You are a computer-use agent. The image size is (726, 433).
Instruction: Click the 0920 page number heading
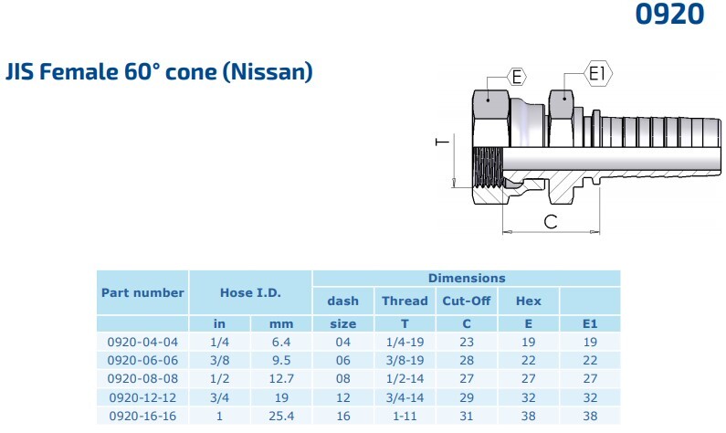pos(669,14)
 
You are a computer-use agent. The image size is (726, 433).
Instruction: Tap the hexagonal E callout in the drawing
pos(517,77)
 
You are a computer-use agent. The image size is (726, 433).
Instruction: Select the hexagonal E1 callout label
pos(598,73)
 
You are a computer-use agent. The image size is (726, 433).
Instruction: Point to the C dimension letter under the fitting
pos(551,221)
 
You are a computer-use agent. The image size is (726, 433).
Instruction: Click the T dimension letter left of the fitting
pos(443,142)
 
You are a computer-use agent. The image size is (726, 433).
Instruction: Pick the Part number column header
pos(142,292)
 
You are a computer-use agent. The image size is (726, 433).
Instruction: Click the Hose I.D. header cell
pos(250,292)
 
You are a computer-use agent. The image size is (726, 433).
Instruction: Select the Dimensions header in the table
pos(467,278)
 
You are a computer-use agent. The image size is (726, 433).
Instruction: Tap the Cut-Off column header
pos(467,301)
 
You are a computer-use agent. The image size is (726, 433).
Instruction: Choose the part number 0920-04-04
pos(142,343)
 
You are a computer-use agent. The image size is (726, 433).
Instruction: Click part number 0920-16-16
pos(142,416)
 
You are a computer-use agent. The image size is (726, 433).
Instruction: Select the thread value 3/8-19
pos(405,360)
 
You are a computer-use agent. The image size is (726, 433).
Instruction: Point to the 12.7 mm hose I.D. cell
pos(281,379)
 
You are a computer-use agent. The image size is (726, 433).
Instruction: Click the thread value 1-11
pos(405,416)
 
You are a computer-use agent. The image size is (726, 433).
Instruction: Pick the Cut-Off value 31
pos(467,416)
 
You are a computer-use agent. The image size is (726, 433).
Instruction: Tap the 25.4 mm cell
pos(281,416)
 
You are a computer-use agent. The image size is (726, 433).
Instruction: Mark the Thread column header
pos(405,301)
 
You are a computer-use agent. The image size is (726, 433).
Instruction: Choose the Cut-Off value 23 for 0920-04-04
pos(467,343)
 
